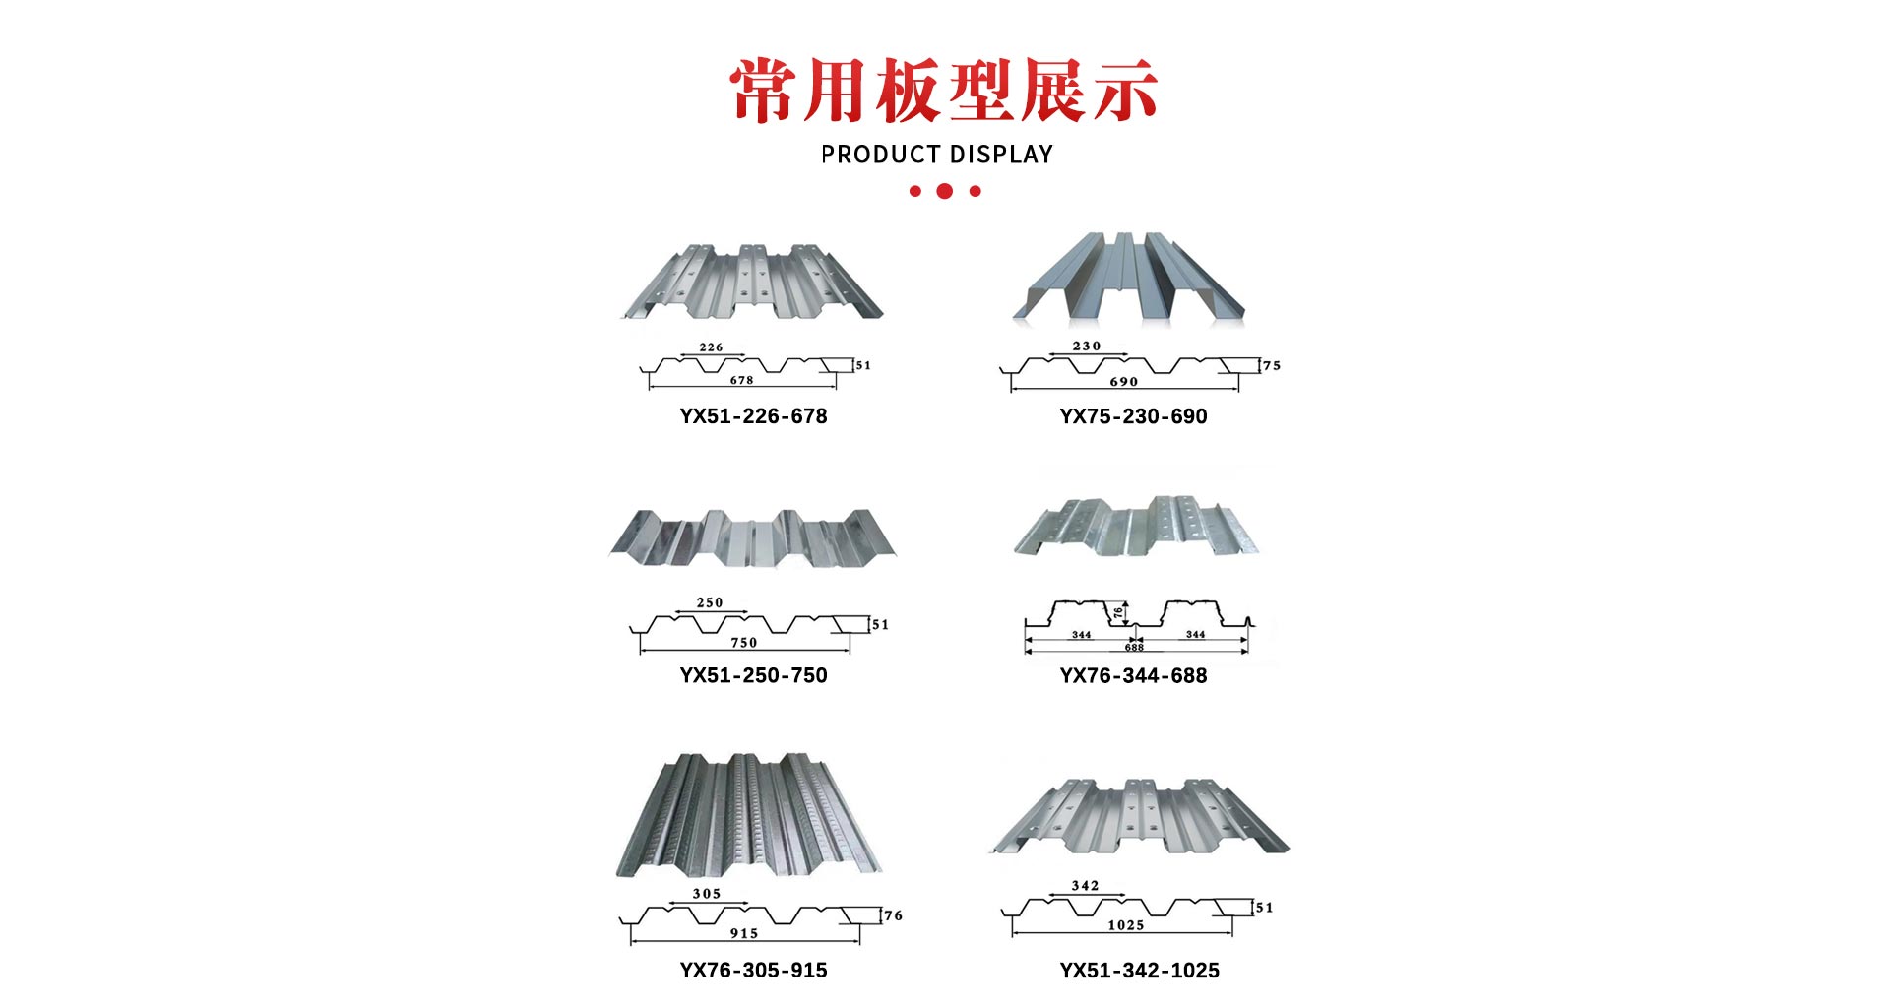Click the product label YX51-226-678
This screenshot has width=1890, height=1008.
pos(753,416)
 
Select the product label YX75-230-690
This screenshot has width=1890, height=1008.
pos(1133,416)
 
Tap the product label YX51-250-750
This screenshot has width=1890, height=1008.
pos(753,675)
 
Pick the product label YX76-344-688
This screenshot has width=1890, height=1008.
pos(1133,675)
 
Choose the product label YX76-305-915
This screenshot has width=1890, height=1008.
pos(753,970)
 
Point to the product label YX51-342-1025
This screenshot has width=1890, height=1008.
pos(1139,970)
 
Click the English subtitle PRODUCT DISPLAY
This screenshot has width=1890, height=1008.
pos(937,155)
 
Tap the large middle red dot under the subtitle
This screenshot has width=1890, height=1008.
pos(945,191)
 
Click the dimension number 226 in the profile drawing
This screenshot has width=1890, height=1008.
pos(711,347)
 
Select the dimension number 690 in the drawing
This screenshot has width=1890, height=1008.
pos(1123,382)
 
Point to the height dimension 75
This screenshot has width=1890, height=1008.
pos(1272,365)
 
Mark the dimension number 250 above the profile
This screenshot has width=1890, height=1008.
pos(710,602)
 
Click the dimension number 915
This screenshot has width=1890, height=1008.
pos(744,933)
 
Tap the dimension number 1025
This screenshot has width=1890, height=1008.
pos(1126,925)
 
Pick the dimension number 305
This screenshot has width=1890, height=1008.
pos(707,894)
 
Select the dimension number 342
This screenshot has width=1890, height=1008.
pos(1085,886)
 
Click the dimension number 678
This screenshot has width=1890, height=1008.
pos(741,380)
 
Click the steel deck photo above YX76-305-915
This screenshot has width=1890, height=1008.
pos(749,815)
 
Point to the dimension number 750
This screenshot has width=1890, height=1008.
pos(744,643)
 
